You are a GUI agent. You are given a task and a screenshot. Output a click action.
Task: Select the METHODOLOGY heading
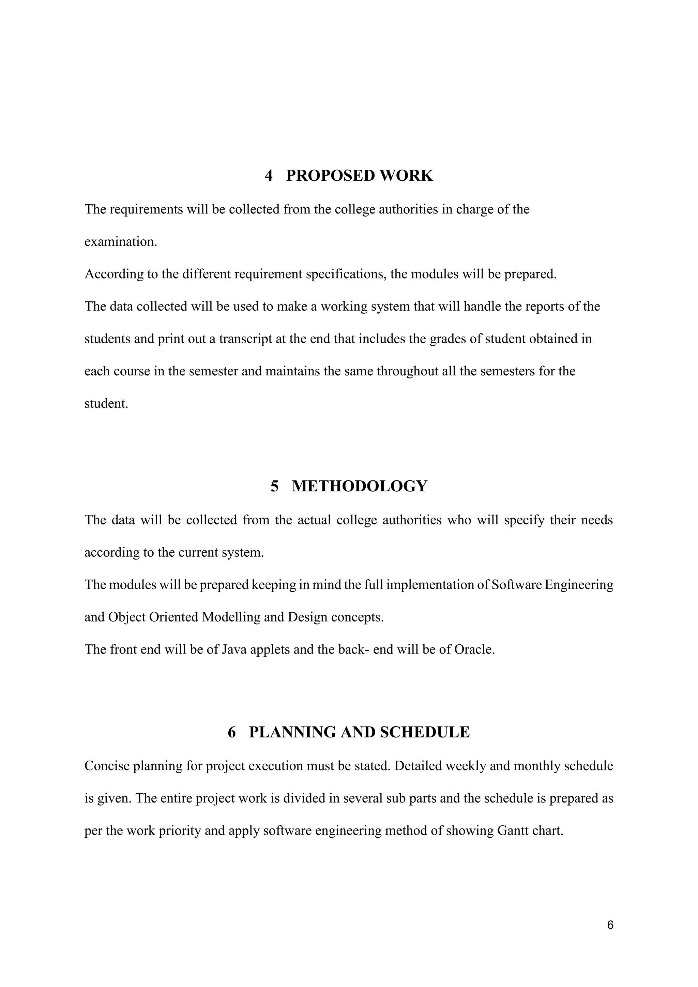(359, 486)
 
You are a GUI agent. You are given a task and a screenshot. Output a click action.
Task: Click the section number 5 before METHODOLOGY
(275, 486)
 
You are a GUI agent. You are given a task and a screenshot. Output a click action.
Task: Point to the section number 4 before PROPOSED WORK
(269, 176)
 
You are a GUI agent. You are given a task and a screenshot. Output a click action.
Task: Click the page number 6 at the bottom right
(610, 925)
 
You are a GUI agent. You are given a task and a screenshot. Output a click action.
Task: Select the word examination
(121, 242)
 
